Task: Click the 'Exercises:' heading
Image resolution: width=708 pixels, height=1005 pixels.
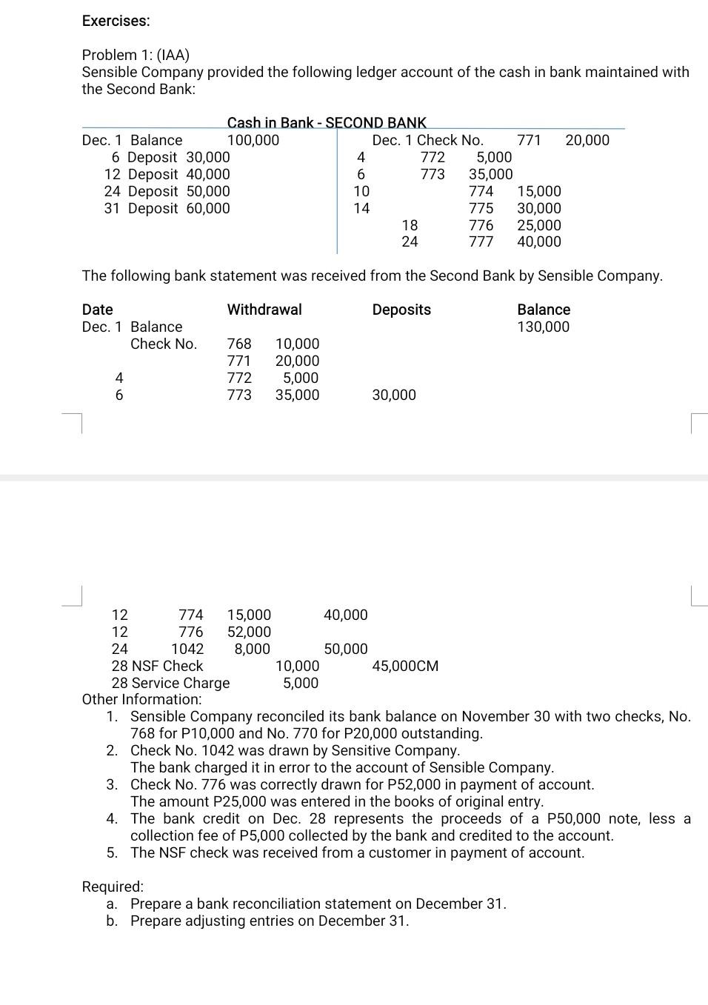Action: pos(116,21)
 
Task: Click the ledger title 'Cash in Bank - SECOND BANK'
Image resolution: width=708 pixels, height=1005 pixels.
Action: pos(327,123)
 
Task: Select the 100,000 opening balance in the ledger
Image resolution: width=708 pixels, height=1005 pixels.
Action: pos(253,140)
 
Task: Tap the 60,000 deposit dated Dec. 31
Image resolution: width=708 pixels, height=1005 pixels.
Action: pos(207,208)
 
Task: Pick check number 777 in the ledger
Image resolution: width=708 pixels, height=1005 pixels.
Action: pos(481,241)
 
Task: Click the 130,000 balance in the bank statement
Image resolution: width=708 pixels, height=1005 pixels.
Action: pos(543,327)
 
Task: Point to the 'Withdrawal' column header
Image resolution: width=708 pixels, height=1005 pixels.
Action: pos(264,310)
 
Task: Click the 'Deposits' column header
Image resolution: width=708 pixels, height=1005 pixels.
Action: pos(401,310)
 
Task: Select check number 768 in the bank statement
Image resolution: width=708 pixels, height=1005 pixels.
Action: pos(238,344)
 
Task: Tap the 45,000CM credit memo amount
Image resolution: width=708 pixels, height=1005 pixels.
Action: pos(405,666)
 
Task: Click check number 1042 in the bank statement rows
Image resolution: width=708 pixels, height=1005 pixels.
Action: pos(187,649)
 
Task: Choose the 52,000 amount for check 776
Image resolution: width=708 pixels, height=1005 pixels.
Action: pos(249,632)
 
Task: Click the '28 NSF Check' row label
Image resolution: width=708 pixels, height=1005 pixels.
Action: pos(157,666)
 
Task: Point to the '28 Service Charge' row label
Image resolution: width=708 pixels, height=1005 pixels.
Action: pos(170,683)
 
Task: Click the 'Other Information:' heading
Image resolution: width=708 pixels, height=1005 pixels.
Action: pos(141,699)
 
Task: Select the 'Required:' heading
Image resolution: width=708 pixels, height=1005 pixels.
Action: pos(113,887)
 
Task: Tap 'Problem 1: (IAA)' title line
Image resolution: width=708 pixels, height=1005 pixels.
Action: pos(136,55)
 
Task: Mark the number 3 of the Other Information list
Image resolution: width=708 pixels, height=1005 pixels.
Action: pos(111,784)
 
